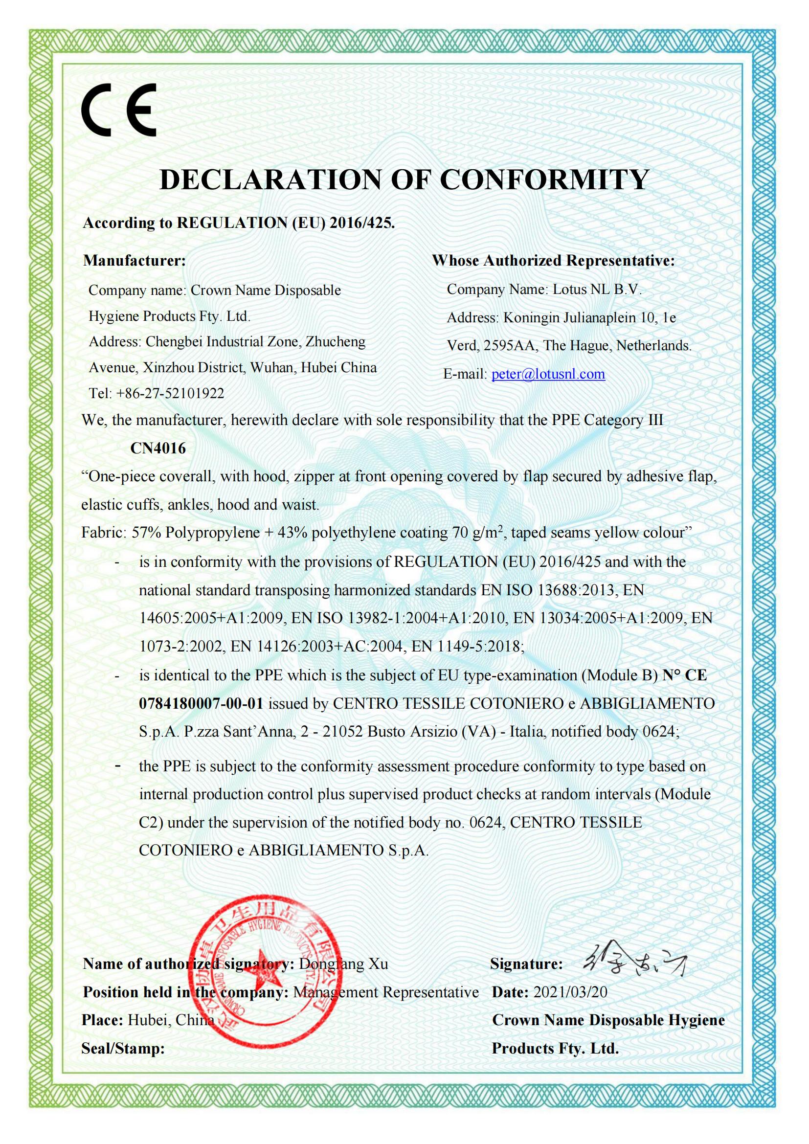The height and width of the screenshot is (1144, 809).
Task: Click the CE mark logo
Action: click(x=118, y=110)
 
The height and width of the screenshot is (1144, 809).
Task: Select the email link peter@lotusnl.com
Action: click(x=548, y=374)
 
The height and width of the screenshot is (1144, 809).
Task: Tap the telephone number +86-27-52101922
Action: click(x=170, y=394)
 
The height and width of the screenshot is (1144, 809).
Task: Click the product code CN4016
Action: click(x=158, y=449)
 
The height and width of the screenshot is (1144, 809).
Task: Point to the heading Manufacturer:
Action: click(x=134, y=261)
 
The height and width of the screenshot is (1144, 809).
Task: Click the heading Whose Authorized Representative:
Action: click(x=553, y=261)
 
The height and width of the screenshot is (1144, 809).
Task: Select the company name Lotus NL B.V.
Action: click(x=597, y=290)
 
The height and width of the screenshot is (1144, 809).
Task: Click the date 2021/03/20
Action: click(x=570, y=992)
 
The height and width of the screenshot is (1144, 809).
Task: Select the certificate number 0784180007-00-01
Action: click(x=201, y=703)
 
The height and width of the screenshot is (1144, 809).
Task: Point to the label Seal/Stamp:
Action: click(x=123, y=1048)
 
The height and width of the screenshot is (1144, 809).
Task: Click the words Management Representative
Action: click(x=385, y=992)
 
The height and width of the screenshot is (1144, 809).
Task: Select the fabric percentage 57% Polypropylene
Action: click(x=196, y=533)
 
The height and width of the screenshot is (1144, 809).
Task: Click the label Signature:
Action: click(x=527, y=964)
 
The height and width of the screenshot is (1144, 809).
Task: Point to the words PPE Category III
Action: click(x=607, y=420)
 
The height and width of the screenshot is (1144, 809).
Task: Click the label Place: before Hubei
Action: click(x=102, y=1020)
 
